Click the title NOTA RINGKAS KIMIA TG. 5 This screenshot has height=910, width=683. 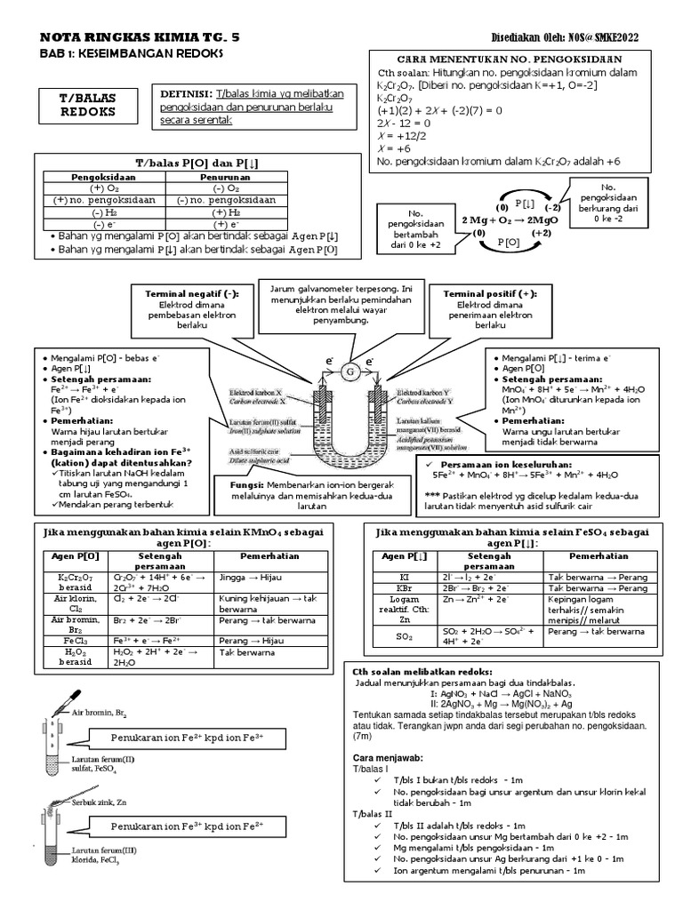point(141,38)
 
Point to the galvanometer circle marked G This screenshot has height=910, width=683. point(350,369)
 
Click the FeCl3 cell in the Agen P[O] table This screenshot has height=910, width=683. point(75,638)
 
